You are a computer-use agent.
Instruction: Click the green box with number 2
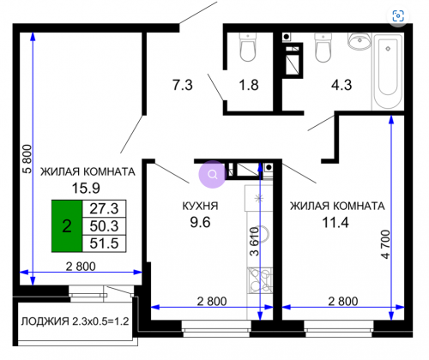[x=67, y=226]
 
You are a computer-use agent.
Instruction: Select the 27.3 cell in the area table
[x=104, y=208]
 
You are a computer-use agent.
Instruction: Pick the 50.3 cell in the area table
[x=104, y=226]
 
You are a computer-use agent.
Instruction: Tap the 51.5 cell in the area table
[x=104, y=243]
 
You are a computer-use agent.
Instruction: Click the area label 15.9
[x=86, y=188]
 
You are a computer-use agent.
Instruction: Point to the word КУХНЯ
[x=200, y=206]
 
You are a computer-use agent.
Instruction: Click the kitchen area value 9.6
[x=200, y=222]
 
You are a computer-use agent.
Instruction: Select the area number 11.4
[x=335, y=222]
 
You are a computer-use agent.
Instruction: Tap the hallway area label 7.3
[x=183, y=85]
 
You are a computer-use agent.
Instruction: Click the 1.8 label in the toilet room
[x=249, y=85]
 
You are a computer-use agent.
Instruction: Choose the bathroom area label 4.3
[x=341, y=85]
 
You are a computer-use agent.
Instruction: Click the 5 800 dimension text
[x=27, y=159]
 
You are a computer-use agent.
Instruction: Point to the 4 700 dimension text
[x=386, y=244]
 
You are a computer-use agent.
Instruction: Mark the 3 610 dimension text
[x=254, y=242]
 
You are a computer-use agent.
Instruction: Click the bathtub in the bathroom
[x=388, y=71]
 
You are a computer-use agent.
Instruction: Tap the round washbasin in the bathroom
[x=360, y=41]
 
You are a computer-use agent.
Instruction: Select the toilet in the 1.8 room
[x=248, y=47]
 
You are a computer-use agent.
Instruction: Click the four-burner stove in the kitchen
[x=261, y=280]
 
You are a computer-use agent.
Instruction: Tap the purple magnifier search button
[x=213, y=174]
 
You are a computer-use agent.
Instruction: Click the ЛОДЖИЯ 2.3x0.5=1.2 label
[x=75, y=321]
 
